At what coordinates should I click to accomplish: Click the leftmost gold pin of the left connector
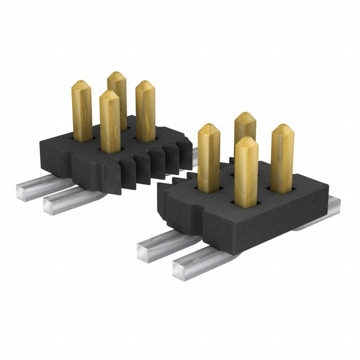(81, 107)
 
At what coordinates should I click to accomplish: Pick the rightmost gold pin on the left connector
(145, 110)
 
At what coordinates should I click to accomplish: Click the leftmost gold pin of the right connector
(209, 157)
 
